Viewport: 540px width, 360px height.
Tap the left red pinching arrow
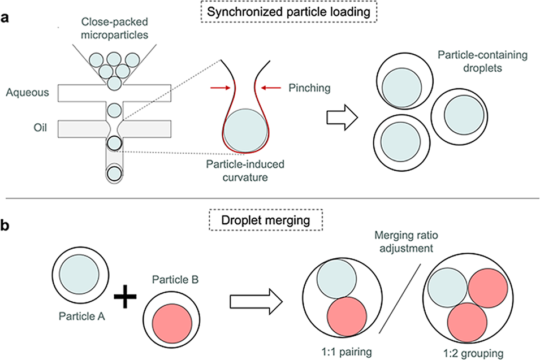218,88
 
